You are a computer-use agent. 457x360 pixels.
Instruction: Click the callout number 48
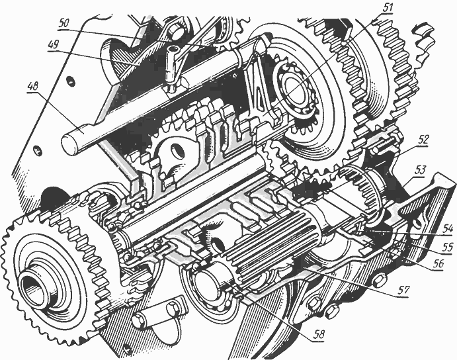33,87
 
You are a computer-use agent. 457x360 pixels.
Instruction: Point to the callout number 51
387,8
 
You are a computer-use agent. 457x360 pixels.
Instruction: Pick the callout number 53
419,170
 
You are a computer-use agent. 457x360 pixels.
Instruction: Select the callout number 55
446,247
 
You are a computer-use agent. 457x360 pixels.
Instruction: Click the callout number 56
438,263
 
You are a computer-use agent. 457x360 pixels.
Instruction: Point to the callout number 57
403,289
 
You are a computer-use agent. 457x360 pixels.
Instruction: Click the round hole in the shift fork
178,151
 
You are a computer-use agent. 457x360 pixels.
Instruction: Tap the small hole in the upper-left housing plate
70,81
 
